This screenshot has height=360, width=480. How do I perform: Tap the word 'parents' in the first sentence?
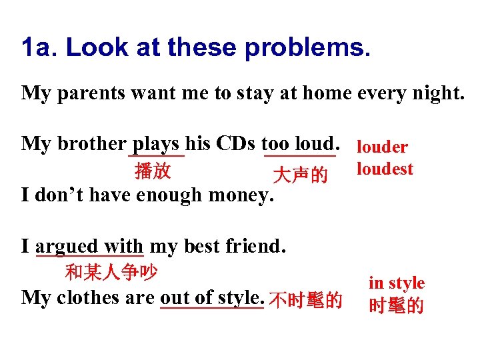pos(85,93)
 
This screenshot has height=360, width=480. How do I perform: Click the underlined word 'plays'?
pos(156,143)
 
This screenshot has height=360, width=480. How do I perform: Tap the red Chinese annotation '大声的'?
pos(300,175)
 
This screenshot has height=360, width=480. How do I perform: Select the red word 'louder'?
pos(383,147)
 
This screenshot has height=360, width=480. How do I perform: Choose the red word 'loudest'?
pos(385,169)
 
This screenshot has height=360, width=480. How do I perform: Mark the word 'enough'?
pos(169,195)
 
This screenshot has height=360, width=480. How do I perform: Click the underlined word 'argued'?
pos(67,246)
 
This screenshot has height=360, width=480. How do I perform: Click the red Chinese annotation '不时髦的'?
pos(307,301)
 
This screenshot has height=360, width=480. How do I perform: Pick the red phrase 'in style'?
pos(397,283)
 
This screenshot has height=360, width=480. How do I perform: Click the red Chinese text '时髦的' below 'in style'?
pos(397,306)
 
